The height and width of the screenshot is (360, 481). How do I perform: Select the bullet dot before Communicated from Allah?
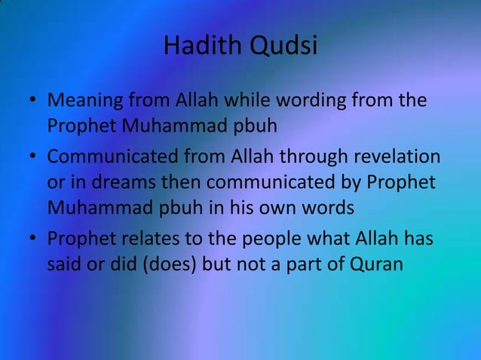coord(33,158)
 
